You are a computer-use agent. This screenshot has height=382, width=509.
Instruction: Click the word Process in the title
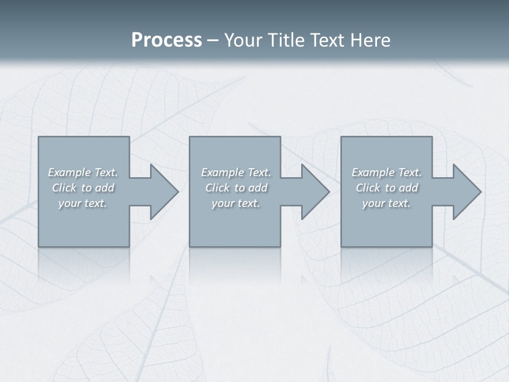click(166, 40)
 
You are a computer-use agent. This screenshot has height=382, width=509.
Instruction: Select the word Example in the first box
click(69, 172)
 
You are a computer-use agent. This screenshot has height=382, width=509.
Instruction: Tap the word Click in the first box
click(64, 188)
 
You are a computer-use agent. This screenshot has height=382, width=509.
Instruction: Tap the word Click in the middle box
click(217, 188)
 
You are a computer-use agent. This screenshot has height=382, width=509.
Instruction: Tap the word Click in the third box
click(368, 188)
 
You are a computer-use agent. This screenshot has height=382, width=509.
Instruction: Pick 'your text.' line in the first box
click(83, 203)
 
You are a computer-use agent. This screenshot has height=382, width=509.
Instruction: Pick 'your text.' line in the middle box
click(236, 203)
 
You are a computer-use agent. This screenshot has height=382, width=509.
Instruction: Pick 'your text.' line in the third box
click(387, 203)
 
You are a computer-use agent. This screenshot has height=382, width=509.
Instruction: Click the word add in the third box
click(408, 188)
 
